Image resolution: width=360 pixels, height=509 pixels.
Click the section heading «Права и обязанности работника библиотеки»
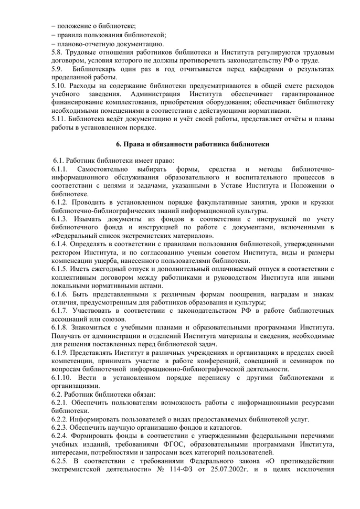(192, 144)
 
